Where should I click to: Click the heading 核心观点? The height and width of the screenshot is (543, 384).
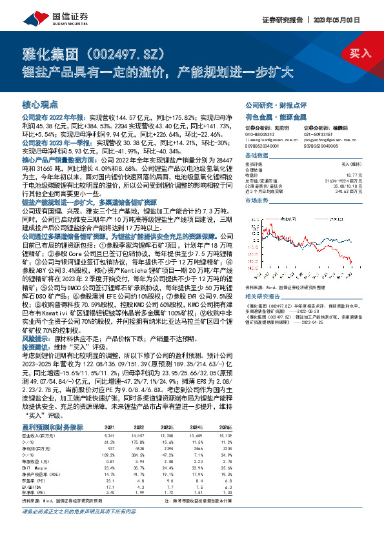pos(40,104)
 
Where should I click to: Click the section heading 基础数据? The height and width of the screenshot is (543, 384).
pos(257,157)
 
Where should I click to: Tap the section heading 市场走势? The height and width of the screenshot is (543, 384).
pos(257,201)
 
